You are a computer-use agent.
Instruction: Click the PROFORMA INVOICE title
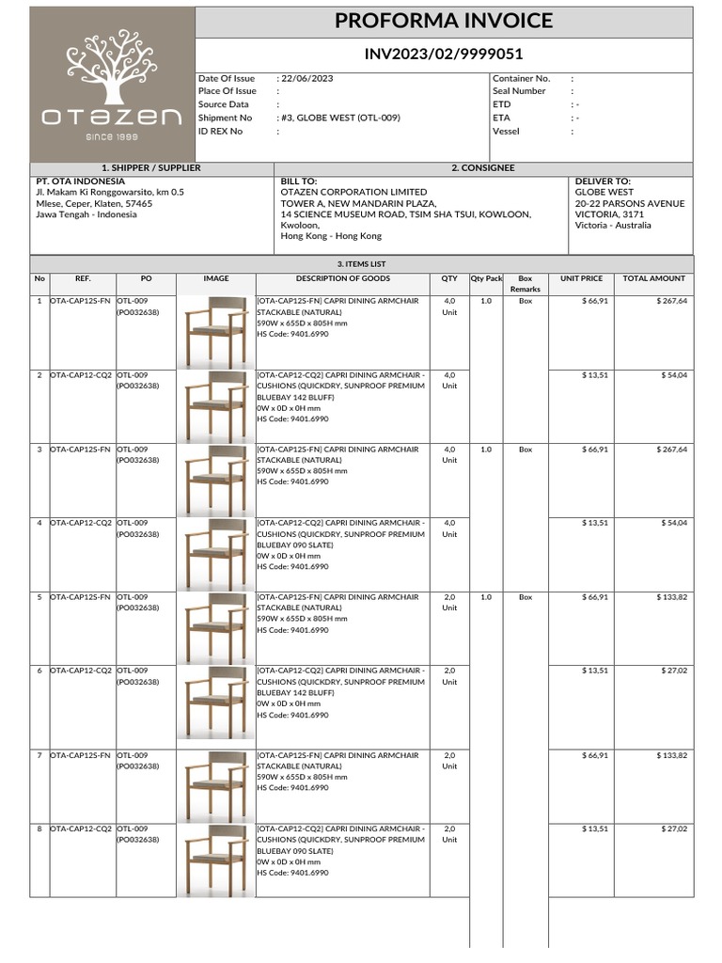pyautogui.click(x=444, y=22)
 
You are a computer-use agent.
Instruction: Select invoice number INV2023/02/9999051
pyautogui.click(x=444, y=55)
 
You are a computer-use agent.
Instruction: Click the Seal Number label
pyautogui.click(x=519, y=91)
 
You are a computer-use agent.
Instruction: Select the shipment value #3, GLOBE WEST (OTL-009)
pyautogui.click(x=340, y=118)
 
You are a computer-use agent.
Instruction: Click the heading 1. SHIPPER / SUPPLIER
pyautogui.click(x=151, y=167)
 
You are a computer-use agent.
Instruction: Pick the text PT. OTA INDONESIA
pyautogui.click(x=80, y=181)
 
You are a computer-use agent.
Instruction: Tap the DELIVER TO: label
pyautogui.click(x=603, y=181)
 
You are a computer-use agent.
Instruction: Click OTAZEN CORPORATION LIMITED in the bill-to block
pyautogui.click(x=353, y=192)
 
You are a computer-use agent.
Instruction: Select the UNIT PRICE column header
pyautogui.click(x=581, y=278)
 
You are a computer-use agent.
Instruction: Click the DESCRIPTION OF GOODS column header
pyautogui.click(x=342, y=278)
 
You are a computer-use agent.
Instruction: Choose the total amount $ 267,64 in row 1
pyautogui.click(x=671, y=301)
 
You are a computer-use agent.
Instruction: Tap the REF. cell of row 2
pyautogui.click(x=81, y=375)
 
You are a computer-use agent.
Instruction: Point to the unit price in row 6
pyautogui.click(x=594, y=671)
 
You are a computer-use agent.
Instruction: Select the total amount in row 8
pyautogui.click(x=673, y=829)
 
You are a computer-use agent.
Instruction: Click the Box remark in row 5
pyautogui.click(x=526, y=597)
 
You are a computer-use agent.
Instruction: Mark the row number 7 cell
pyautogui.click(x=39, y=755)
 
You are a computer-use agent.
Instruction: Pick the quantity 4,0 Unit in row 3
pyautogui.click(x=449, y=455)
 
